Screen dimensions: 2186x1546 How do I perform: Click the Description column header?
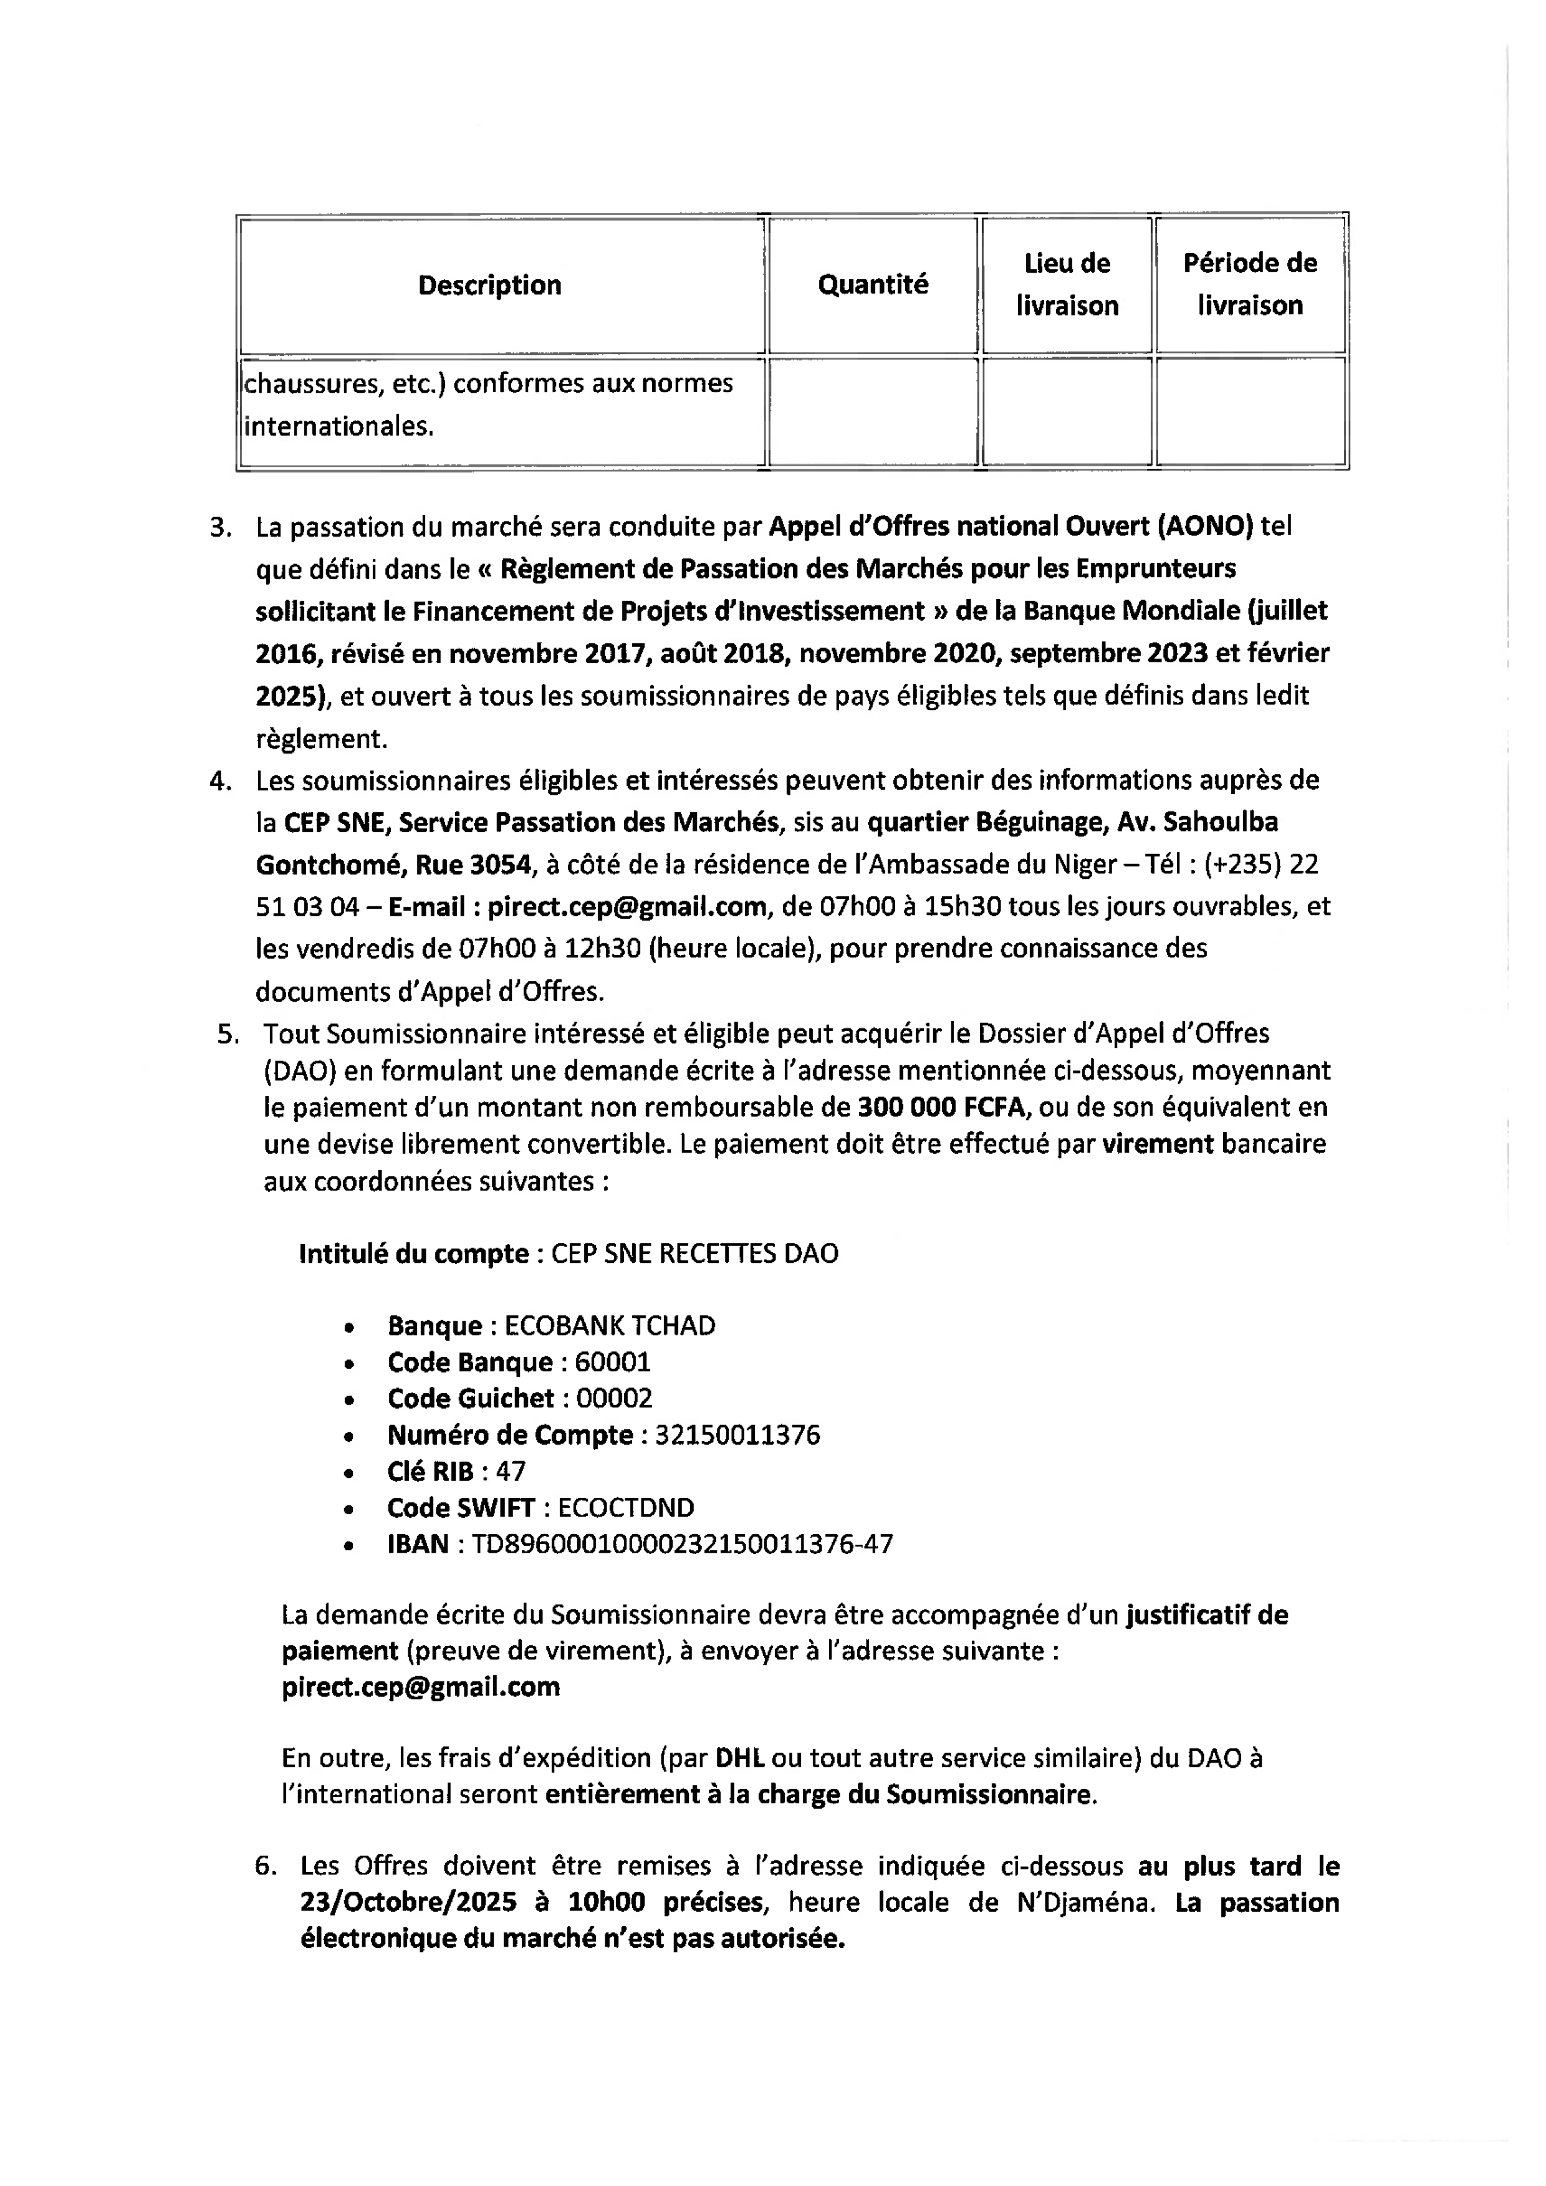point(489,285)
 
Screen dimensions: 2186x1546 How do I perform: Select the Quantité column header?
point(872,285)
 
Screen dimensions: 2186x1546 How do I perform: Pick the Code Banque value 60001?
point(612,1363)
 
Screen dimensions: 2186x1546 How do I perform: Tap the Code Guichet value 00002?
point(614,1399)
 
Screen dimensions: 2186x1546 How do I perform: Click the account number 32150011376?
point(737,1435)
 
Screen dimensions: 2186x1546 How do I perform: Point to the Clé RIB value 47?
point(511,1472)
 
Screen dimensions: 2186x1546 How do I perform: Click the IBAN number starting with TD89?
point(681,1545)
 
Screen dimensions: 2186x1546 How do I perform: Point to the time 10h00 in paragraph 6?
point(607,1903)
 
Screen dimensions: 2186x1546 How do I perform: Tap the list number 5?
point(226,1034)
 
